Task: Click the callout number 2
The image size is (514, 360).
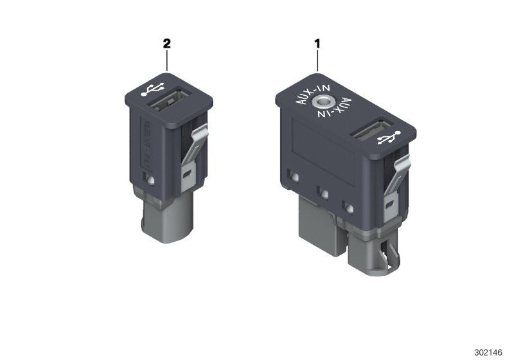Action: coord(167,44)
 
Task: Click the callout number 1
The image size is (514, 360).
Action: coord(317,44)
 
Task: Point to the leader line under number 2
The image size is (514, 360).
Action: coord(167,61)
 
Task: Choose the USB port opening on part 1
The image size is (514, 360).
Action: coord(368,132)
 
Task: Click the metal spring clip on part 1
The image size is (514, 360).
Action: coord(394,193)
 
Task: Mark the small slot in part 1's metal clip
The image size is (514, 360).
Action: coord(389,204)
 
